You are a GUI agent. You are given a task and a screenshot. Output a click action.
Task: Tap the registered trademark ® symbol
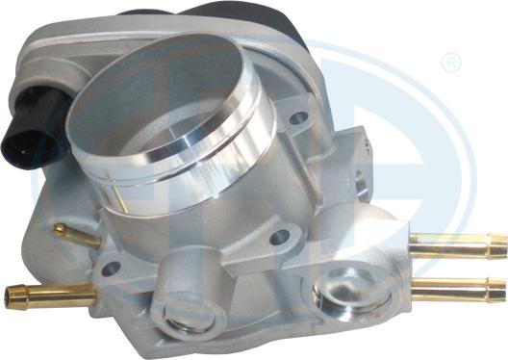click(449, 64)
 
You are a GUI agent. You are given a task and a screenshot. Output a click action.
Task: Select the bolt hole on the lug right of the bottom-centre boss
click(279, 234)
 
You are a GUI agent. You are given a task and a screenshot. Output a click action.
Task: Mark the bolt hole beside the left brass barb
click(112, 269)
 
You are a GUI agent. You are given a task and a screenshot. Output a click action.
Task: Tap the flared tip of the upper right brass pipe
click(495, 244)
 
